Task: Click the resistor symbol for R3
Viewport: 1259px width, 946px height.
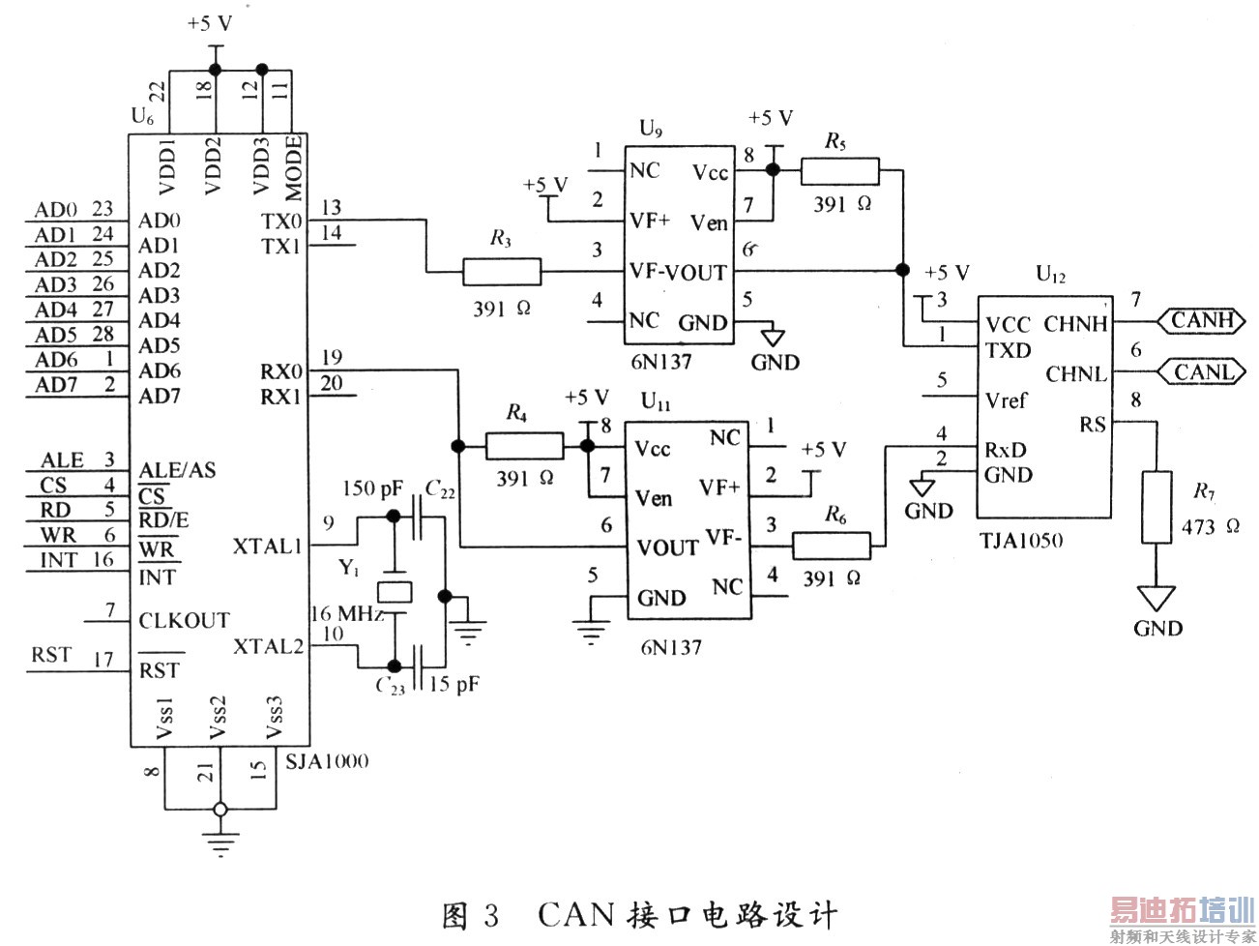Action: coord(502,272)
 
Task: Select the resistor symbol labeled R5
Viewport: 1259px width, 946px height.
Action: coord(839,172)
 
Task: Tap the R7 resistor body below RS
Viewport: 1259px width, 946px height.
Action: coord(1157,508)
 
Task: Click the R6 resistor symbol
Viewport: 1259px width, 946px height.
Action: coord(832,546)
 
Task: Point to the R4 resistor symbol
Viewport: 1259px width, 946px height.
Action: coord(524,446)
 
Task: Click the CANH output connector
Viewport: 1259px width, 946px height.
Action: coord(1201,320)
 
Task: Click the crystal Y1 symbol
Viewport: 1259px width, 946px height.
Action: coord(394,591)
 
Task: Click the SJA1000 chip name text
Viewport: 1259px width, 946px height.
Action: coord(327,761)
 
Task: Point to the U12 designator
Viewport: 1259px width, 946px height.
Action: coord(1050,274)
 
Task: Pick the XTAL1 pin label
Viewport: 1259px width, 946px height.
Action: coord(268,547)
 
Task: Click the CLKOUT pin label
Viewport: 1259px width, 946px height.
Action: coord(184,620)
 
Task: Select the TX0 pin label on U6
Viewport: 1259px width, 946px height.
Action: coord(281,222)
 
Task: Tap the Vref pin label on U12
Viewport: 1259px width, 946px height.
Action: coord(1006,399)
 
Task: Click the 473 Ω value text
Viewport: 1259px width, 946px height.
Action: coord(1210,527)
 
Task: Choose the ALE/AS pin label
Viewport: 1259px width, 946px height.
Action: coord(177,470)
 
